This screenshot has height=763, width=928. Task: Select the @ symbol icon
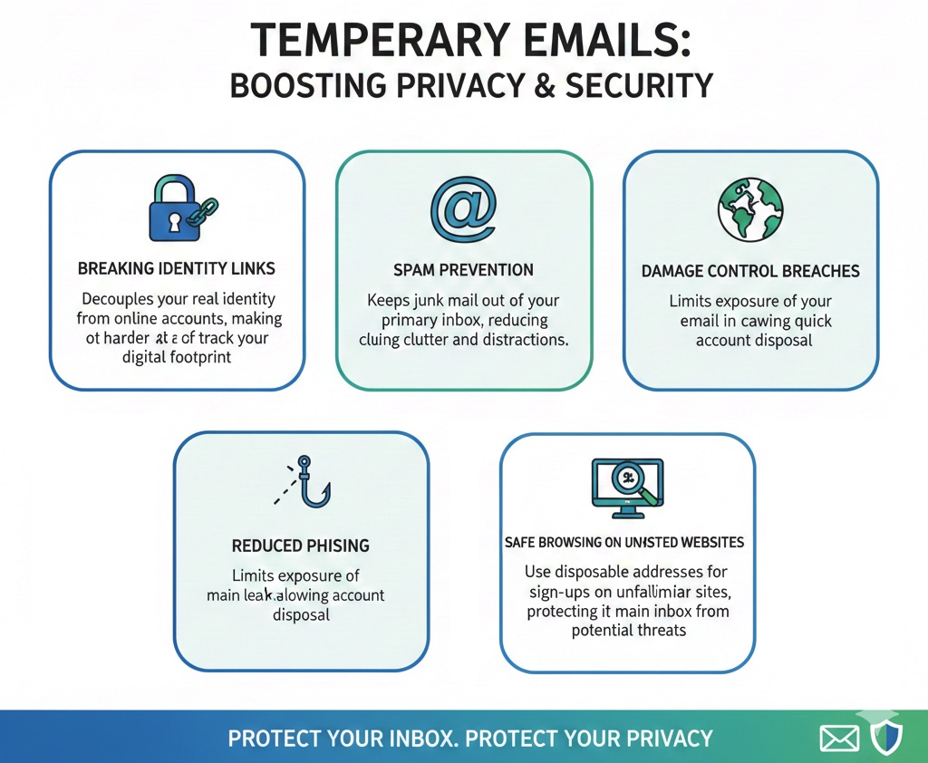[x=463, y=209]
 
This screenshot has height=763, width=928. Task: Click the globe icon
[x=749, y=208]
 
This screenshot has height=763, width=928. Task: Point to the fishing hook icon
[x=308, y=484]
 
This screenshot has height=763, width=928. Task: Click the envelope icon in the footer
[x=839, y=739]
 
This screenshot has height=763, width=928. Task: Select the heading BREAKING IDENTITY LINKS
[x=177, y=269]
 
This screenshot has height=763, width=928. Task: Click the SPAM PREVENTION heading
[x=463, y=270]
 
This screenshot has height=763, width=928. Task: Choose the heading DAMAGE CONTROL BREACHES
[x=750, y=271]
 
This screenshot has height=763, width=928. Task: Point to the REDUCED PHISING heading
[x=300, y=546]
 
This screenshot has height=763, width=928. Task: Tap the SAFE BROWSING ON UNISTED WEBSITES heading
[x=623, y=543]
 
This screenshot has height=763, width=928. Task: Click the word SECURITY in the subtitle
[x=639, y=85]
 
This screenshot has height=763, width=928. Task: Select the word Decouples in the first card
[x=118, y=299]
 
